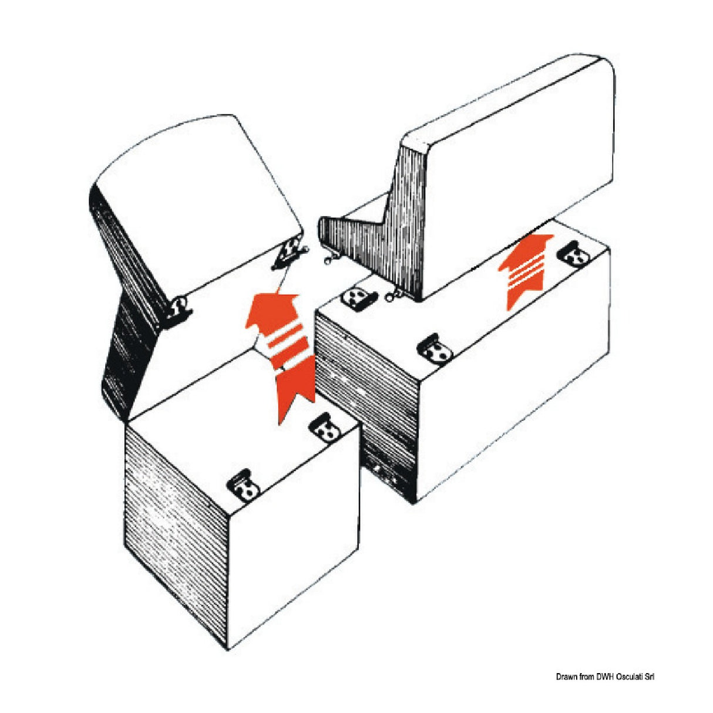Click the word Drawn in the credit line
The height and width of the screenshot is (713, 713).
coord(566,677)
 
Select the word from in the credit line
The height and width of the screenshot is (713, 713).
coord(588,677)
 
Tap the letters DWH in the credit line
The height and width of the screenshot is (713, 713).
coord(607,677)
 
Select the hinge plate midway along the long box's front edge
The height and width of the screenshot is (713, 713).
coord(435,351)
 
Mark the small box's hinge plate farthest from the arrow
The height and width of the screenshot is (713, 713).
coord(243,484)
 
